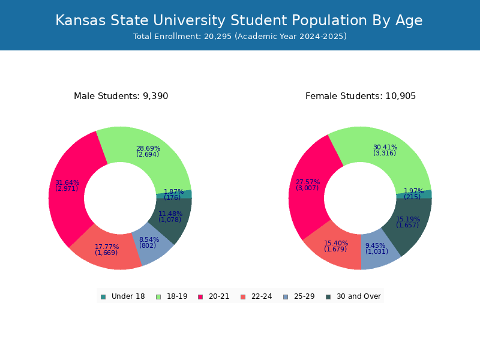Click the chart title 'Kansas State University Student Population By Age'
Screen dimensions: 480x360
click(239, 21)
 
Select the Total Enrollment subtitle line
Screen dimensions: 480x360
click(240, 37)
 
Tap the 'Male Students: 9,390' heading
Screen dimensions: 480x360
click(121, 96)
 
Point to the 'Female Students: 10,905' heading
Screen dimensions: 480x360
click(361, 96)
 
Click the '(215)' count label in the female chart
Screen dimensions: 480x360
click(412, 197)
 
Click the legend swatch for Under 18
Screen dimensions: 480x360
click(103, 297)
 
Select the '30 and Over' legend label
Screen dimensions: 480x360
click(359, 296)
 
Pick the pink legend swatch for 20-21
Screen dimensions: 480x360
click(200, 297)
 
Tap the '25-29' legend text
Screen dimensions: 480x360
click(304, 296)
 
